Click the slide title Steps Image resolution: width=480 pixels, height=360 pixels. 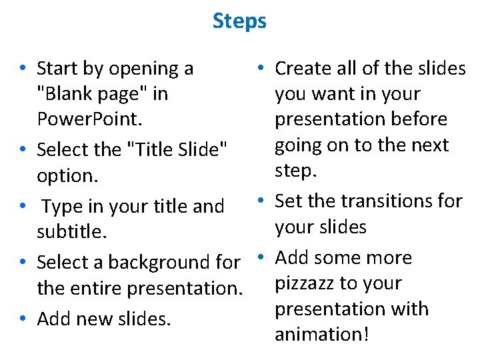239,21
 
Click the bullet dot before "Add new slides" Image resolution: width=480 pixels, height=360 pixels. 23,319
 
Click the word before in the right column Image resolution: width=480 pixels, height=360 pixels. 420,119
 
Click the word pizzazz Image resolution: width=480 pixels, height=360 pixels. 304,283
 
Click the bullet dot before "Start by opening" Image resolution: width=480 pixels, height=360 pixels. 23,68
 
